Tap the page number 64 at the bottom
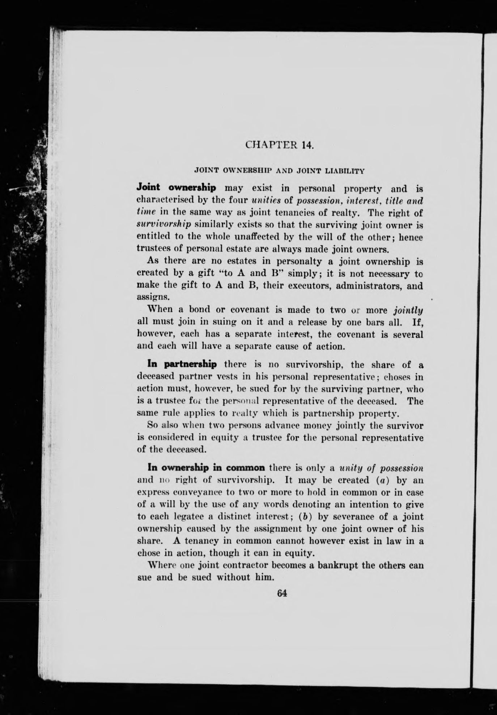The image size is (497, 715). click(x=281, y=593)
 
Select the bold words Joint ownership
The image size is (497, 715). click(x=176, y=188)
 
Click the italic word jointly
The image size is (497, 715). click(x=408, y=310)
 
